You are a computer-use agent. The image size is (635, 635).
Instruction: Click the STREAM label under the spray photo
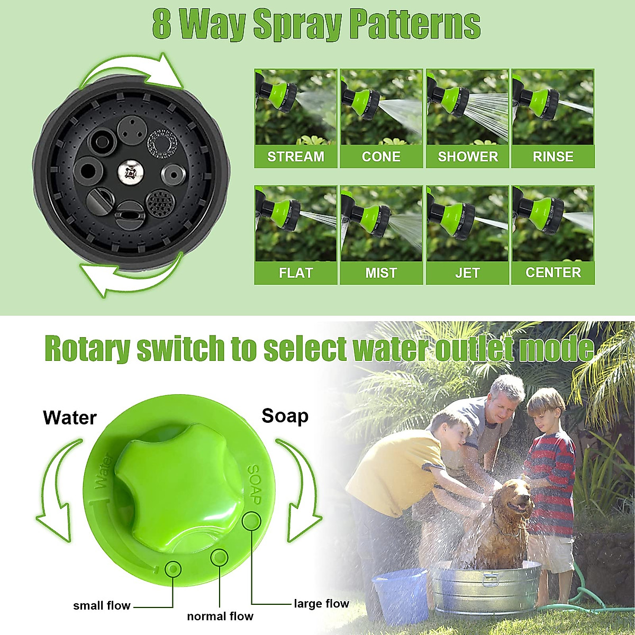tap(296, 157)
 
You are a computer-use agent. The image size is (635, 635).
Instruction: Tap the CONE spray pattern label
tap(381, 157)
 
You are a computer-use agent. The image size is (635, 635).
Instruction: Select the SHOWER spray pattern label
tap(468, 157)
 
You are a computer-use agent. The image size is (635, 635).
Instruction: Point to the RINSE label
tap(553, 157)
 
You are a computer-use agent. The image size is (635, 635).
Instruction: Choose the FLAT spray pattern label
tap(296, 273)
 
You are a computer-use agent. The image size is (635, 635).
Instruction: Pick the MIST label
tap(381, 273)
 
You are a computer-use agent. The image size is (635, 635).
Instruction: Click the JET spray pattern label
tap(467, 273)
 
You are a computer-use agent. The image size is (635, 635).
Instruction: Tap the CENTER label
tap(553, 273)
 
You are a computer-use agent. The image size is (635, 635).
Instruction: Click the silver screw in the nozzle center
tap(129, 172)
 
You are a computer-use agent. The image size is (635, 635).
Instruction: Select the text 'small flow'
tap(102, 606)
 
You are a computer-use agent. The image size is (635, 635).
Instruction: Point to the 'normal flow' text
tap(220, 616)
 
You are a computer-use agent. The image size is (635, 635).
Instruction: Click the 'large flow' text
tap(321, 604)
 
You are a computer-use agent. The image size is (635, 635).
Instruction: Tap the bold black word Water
tap(70, 418)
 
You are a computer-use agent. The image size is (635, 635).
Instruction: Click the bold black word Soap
tap(285, 416)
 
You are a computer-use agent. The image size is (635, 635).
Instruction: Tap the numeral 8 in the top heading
tap(162, 24)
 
